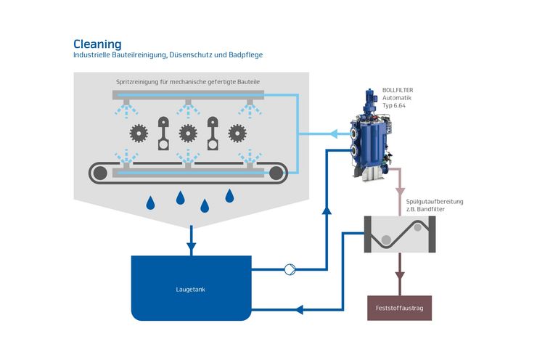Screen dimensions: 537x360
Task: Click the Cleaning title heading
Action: [97, 44]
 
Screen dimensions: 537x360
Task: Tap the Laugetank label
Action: [190, 290]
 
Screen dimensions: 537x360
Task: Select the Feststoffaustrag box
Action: [399, 308]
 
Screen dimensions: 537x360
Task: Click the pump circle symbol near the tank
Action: [290, 269]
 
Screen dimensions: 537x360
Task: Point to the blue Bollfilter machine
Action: [371, 135]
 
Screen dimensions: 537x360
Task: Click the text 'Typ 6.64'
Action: [394, 105]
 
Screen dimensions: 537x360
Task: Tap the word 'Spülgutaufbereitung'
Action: [435, 201]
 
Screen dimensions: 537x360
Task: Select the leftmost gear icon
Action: [139, 134]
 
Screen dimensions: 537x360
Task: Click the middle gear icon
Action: [188, 134]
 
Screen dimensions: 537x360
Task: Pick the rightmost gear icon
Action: [237, 134]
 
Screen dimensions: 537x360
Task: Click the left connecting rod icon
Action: [163, 134]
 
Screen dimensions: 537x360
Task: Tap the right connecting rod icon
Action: [213, 134]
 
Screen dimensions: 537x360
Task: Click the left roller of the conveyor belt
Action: [100, 173]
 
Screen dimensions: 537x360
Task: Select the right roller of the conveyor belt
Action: [276, 173]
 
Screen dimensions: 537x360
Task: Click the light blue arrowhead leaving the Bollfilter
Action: [333, 134]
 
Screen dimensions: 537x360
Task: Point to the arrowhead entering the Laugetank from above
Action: [192, 247]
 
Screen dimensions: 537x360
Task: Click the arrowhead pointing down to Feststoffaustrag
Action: [400, 276]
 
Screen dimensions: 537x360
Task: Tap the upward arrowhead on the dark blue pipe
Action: [327, 210]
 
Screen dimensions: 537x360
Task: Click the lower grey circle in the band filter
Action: [386, 240]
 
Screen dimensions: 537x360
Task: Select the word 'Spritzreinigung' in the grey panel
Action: [137, 82]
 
